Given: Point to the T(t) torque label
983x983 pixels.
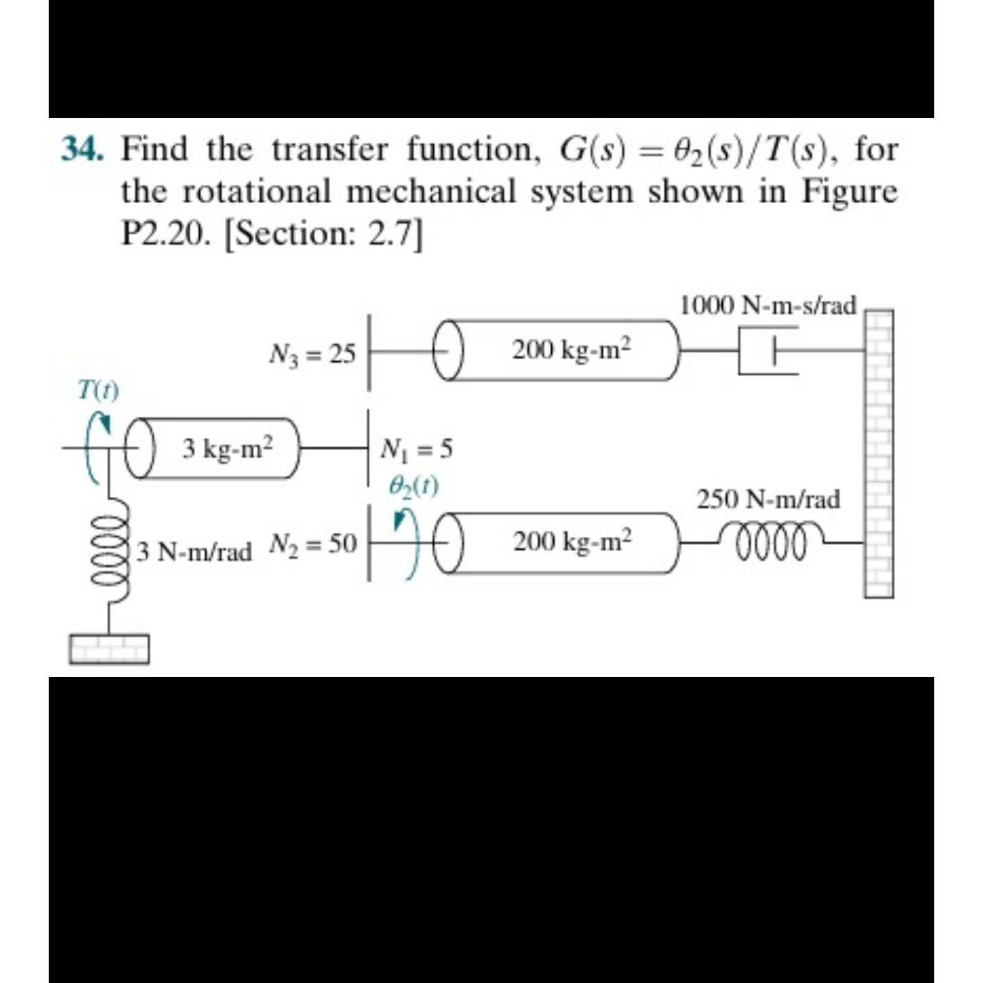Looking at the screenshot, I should pos(98,391).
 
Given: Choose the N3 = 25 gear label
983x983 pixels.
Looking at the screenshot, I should pos(312,354).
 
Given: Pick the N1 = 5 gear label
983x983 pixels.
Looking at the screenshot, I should pos(417,450).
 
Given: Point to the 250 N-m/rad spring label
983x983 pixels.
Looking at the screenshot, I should pos(768,499).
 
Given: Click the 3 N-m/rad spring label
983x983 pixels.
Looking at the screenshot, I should pos(194,551).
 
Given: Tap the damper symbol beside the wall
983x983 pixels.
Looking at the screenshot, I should pos(768,350).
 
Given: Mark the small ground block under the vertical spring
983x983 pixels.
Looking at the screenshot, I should pos(108,649).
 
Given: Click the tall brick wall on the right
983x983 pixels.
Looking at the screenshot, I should pos(879,453).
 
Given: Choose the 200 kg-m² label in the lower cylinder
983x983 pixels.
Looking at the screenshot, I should pos(571,542).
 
